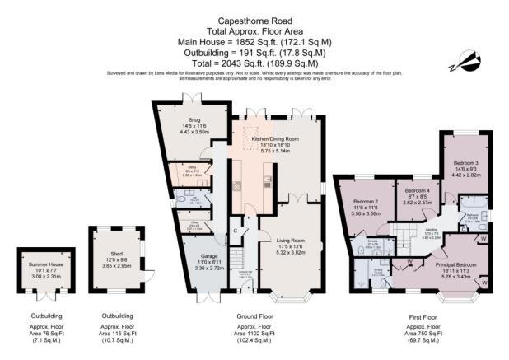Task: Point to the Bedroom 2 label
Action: (x=365, y=202)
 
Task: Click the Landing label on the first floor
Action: (x=432, y=231)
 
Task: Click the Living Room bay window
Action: (x=294, y=294)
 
